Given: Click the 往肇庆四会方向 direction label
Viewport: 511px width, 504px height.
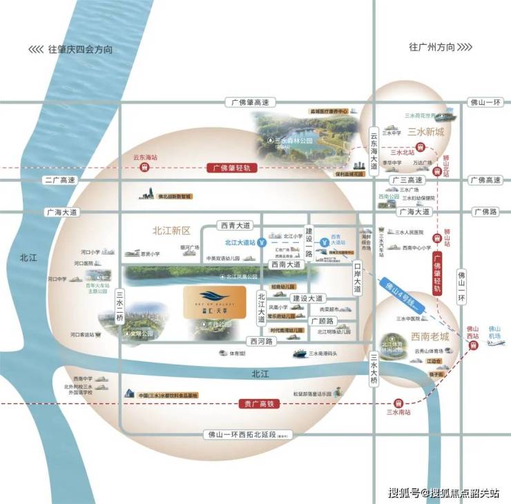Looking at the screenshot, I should pyautogui.click(x=79, y=50).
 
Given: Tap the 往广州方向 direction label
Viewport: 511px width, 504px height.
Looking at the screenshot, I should pyautogui.click(x=432, y=48).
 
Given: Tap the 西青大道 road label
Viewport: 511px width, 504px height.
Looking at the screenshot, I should pyautogui.click(x=235, y=225).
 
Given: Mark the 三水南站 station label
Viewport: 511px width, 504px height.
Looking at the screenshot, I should pyautogui.click(x=398, y=413).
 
